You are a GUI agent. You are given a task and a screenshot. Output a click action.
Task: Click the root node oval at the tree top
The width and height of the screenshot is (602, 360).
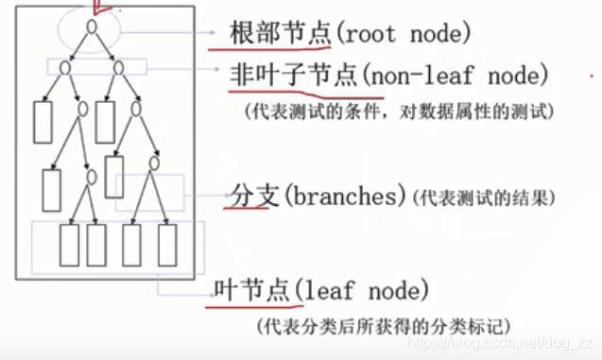click(x=92, y=26)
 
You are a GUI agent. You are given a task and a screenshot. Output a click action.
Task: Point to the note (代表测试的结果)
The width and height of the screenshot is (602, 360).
click(x=483, y=198)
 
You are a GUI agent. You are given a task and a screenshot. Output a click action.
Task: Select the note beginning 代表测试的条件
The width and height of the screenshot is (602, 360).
click(x=398, y=111)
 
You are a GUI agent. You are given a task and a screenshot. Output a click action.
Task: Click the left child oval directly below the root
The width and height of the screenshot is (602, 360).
click(x=64, y=67)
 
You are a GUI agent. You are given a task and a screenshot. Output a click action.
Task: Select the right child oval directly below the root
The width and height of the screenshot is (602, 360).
click(x=119, y=67)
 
